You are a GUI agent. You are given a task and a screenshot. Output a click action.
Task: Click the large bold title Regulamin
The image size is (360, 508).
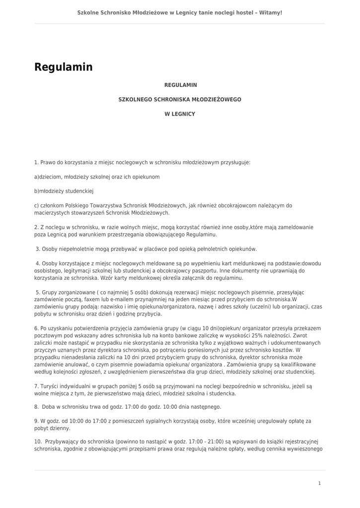point(64,67)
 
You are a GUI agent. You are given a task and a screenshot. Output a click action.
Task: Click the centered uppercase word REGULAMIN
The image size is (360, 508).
point(180,85)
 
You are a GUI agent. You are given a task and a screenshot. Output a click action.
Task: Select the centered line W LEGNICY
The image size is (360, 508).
point(180,114)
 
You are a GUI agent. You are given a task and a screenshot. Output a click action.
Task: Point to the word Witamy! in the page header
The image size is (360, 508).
point(272,12)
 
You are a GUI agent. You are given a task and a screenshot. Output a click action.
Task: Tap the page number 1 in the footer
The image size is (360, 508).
point(319,483)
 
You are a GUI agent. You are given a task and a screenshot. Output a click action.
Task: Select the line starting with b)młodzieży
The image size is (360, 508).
point(64,191)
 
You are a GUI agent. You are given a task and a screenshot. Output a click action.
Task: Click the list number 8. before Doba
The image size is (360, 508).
point(37,407)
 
